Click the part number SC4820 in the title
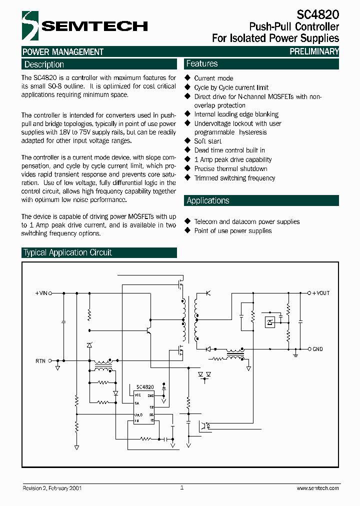317,14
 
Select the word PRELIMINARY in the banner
314,51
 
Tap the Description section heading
44,64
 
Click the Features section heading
202,63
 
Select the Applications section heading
208,200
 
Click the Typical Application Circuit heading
67,252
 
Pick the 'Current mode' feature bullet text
213,78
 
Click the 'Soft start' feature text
207,141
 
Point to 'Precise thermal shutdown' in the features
230,169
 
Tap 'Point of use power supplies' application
233,231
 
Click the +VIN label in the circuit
41,293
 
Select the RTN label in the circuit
40,360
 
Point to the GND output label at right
317,349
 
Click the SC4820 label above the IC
145,387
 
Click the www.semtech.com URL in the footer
317,488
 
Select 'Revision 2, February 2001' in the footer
52,488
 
